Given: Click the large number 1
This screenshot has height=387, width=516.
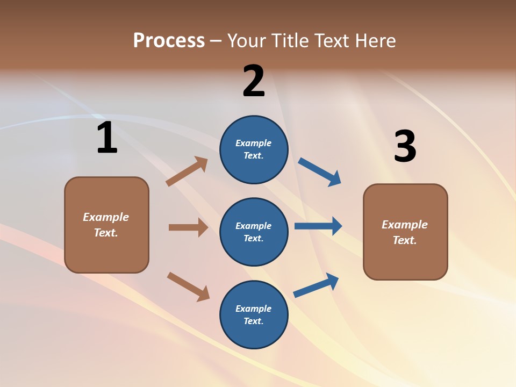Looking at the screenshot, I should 107,138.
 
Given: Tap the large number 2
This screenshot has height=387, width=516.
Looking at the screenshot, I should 253,81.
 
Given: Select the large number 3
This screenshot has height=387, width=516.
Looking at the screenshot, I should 405,146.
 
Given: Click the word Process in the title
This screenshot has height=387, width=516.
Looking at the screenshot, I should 169,40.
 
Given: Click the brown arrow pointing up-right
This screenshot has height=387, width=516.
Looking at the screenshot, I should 187,171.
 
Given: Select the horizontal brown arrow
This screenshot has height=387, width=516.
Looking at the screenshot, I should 188,227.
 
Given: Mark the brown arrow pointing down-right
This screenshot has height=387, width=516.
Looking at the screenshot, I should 188,286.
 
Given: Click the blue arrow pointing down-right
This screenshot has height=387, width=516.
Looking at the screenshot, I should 320,172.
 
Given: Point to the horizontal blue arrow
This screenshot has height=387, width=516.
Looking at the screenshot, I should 318,226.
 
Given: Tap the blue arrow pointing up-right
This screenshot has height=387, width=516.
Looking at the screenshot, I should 316,285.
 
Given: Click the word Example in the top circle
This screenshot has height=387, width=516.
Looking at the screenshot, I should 253,143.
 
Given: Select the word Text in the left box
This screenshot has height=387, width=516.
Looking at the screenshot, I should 105,233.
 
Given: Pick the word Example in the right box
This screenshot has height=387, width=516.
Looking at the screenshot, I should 405,225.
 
